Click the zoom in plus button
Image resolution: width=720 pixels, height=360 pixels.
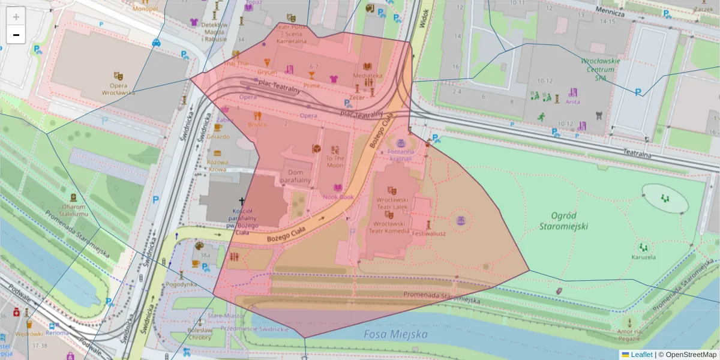point(16,17)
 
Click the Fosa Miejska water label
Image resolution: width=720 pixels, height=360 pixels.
point(395,334)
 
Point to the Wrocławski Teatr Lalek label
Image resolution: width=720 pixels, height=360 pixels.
point(392,202)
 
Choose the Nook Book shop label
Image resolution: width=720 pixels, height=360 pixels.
point(338,197)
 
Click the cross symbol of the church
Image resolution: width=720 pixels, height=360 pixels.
point(242,202)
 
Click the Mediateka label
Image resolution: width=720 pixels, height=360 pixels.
point(368,76)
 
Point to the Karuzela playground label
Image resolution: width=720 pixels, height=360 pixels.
point(643,257)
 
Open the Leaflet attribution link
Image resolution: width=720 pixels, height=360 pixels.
point(641,355)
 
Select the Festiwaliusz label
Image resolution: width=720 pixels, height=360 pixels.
point(428,234)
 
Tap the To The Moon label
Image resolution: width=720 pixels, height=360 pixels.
point(335,161)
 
